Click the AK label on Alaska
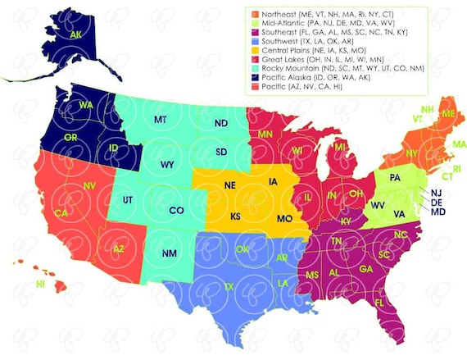click(76, 35)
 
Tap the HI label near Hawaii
click(40, 284)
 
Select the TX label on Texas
click(229, 286)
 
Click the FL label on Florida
click(380, 302)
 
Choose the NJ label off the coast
click(437, 193)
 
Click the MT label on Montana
click(160, 120)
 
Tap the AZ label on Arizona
click(119, 248)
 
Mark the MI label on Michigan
click(340, 147)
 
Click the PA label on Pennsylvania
click(395, 177)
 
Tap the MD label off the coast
click(438, 212)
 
